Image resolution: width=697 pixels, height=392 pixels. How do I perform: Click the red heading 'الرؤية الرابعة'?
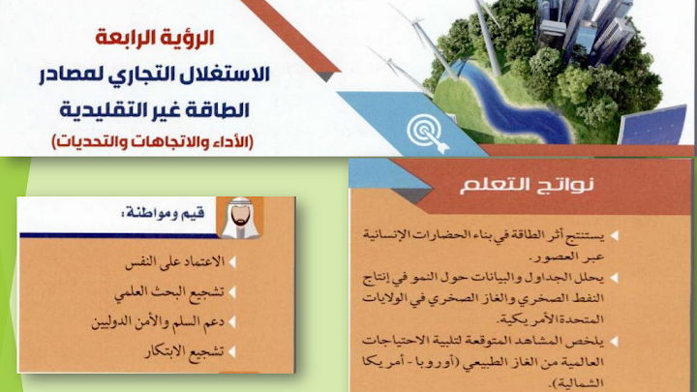(155, 38)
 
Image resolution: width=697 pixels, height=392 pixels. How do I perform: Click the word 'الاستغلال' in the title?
(222, 74)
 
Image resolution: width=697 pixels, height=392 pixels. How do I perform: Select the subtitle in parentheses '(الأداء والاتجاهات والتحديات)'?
(153, 141)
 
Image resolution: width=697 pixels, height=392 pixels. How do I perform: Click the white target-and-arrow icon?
(427, 133)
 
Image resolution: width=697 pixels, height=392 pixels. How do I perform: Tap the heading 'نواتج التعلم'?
(527, 185)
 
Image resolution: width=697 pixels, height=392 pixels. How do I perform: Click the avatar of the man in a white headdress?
(240, 218)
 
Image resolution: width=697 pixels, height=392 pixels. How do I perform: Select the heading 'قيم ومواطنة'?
(163, 214)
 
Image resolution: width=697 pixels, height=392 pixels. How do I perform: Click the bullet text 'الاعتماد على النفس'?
(174, 261)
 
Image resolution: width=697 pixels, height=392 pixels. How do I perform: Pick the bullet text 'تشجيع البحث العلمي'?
(168, 292)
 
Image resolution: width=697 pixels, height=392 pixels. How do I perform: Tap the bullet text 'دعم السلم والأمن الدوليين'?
(158, 321)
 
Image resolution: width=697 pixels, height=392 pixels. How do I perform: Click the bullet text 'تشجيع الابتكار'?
(184, 351)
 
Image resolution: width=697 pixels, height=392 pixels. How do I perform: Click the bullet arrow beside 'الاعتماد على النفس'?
(231, 261)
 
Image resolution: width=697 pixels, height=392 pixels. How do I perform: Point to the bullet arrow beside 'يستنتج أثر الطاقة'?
(615, 235)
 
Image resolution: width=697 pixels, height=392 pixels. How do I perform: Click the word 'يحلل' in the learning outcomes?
(593, 278)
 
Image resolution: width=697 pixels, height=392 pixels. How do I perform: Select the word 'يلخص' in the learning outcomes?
(592, 342)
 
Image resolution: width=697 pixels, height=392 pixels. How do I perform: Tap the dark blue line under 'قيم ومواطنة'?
(119, 235)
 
